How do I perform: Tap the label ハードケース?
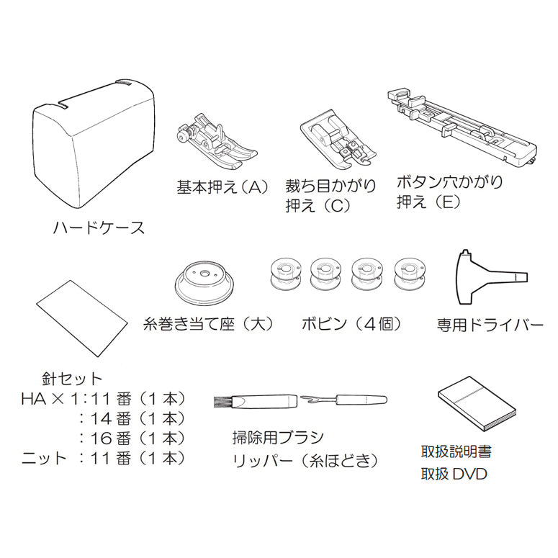click(99, 228)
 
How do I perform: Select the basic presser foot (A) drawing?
click(217, 142)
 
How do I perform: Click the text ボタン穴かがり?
click(449, 182)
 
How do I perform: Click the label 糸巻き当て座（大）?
click(209, 324)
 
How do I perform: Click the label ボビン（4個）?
click(351, 324)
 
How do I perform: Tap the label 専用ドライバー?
click(490, 325)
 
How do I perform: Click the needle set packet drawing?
click(82, 318)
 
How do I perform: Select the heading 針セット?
click(71, 379)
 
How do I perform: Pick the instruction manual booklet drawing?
click(476, 408)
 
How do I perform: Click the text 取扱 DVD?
click(454, 474)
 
